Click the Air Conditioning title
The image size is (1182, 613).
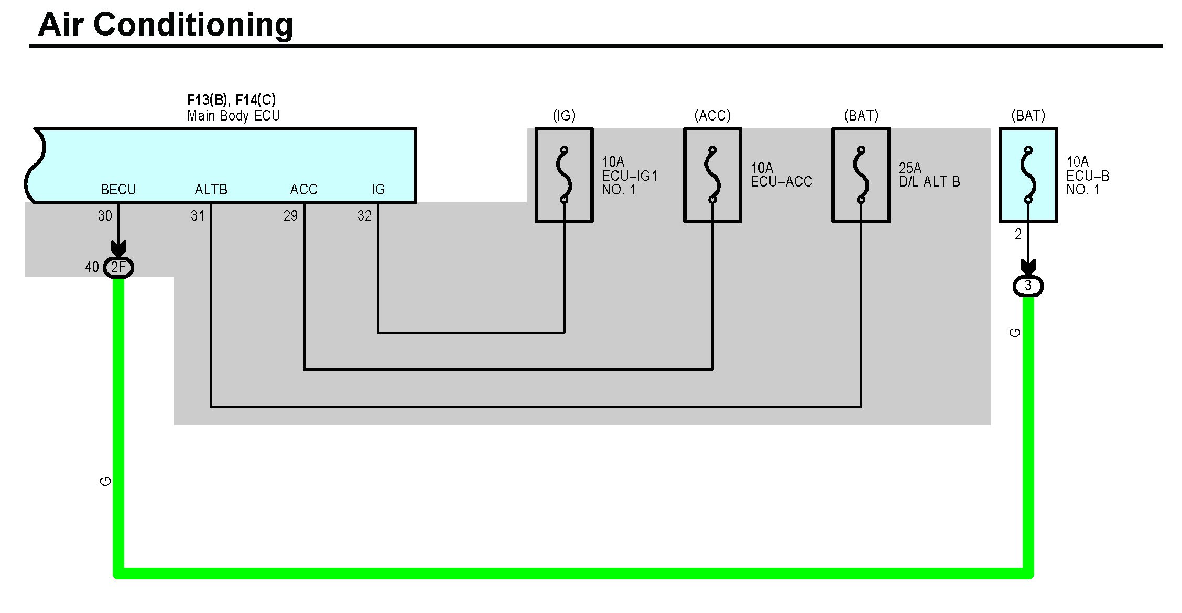[165, 25]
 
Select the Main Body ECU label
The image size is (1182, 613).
[233, 116]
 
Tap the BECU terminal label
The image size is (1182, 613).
[118, 189]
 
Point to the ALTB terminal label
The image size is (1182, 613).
[211, 189]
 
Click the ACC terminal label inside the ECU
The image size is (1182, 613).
[303, 189]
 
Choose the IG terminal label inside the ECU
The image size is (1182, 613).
[378, 189]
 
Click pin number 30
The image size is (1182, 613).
[105, 216]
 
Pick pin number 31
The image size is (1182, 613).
[198, 216]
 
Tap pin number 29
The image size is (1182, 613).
[290, 216]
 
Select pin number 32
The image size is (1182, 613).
[364, 216]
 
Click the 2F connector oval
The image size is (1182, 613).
[119, 268]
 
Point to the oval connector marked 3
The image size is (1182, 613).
[1028, 286]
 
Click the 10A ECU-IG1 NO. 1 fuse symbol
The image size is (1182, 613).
[564, 175]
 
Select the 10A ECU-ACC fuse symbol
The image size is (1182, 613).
[712, 175]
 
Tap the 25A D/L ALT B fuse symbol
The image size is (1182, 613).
[861, 175]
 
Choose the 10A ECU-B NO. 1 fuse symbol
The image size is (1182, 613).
[1028, 175]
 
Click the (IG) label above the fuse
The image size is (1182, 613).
[564, 115]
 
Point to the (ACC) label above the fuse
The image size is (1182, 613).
[712, 115]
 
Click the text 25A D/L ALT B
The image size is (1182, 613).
[929, 175]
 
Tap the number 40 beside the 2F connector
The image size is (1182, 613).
[92, 267]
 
